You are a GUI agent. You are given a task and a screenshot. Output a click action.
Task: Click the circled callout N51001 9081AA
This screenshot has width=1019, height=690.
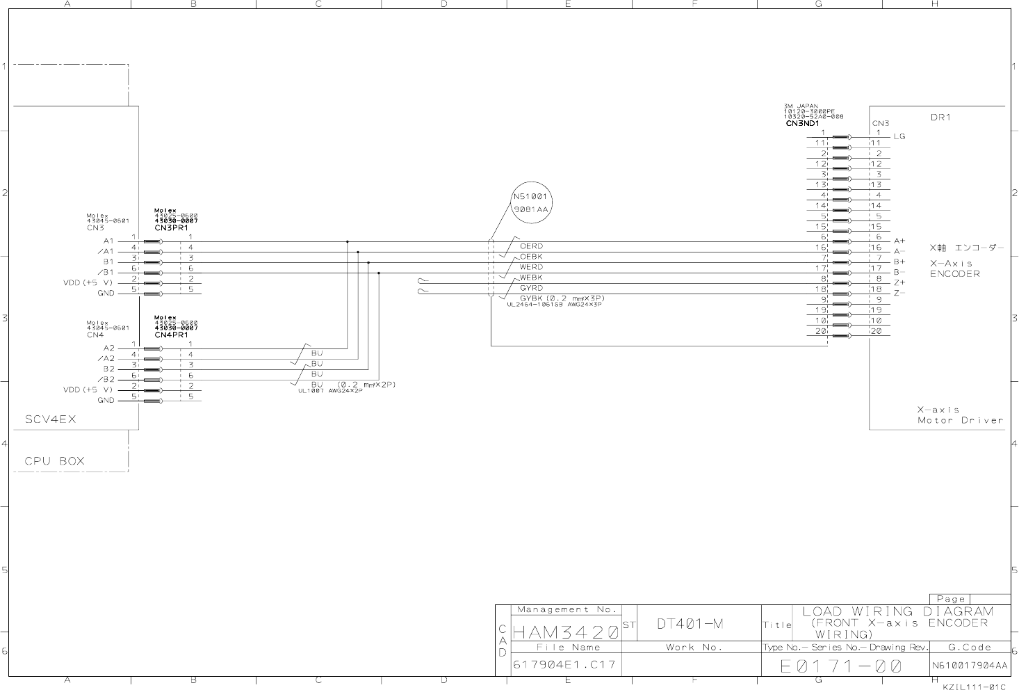pyautogui.click(x=531, y=202)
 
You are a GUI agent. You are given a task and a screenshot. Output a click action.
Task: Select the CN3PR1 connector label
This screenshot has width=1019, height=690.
pyautogui.click(x=171, y=227)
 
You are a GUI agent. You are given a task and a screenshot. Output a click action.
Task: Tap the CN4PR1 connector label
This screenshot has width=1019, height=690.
pyautogui.click(x=171, y=335)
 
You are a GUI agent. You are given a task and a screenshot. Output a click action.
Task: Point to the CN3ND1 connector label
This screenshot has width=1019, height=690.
pyautogui.click(x=802, y=124)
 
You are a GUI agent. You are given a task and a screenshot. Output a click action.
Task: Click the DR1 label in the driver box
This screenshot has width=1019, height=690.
pyautogui.click(x=940, y=118)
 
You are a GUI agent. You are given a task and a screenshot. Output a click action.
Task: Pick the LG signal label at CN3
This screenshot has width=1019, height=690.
pyautogui.click(x=899, y=136)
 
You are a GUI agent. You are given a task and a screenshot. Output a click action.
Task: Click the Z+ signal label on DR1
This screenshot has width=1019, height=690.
pyautogui.click(x=899, y=282)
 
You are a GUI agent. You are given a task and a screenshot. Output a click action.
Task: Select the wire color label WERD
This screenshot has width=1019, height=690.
pyautogui.click(x=531, y=267)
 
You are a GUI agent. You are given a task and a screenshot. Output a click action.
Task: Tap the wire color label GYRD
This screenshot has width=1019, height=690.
pyautogui.click(x=531, y=288)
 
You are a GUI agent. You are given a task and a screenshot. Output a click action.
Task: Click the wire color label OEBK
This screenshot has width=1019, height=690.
pyautogui.click(x=531, y=257)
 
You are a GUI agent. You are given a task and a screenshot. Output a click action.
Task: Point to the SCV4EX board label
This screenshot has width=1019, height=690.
pyautogui.click(x=50, y=419)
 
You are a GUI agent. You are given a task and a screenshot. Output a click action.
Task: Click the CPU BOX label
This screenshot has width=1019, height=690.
pyautogui.click(x=54, y=460)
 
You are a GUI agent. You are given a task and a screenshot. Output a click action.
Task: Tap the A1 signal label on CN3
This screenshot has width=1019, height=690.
pyautogui.click(x=108, y=241)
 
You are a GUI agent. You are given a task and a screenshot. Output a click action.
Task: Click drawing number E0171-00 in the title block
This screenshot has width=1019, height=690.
pyautogui.click(x=840, y=666)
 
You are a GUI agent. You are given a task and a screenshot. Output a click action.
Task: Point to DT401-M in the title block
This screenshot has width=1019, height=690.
pyautogui.click(x=690, y=624)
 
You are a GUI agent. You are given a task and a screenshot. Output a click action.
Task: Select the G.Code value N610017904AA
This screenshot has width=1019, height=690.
pyautogui.click(x=970, y=666)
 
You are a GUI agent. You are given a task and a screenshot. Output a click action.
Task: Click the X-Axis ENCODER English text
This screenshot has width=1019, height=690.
pyautogui.click(x=954, y=268)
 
